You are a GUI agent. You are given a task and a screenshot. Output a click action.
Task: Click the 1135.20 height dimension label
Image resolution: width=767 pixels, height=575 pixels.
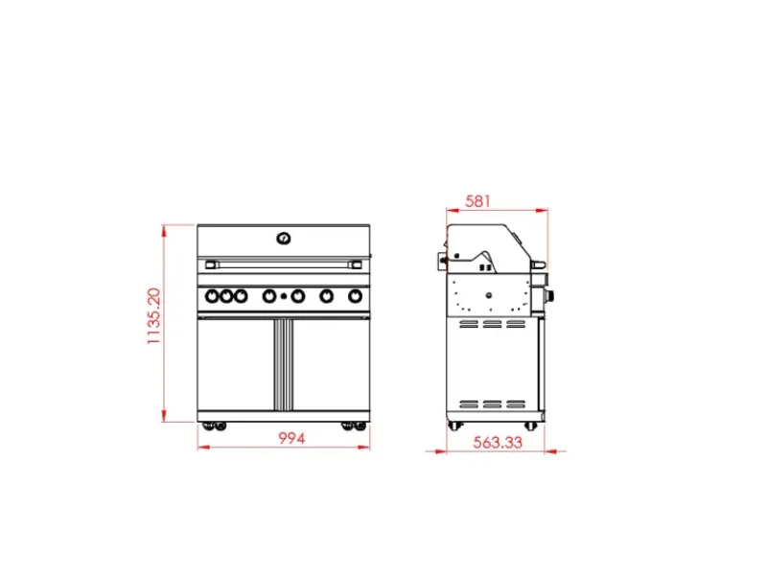(x=153, y=316)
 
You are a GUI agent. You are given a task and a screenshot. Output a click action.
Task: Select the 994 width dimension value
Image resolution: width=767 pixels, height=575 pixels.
(x=291, y=439)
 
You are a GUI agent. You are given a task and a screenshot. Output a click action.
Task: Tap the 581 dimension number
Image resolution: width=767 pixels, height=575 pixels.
(x=477, y=201)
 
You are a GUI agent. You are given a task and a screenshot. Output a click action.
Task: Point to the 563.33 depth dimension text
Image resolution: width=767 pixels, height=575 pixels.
(x=498, y=443)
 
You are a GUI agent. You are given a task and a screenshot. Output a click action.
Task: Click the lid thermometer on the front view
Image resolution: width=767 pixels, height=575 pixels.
(x=284, y=239)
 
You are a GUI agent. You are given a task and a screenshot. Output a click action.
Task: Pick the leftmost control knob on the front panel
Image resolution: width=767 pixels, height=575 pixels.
(x=212, y=296)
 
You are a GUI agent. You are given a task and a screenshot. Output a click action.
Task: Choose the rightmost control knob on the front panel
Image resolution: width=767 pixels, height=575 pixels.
(x=355, y=296)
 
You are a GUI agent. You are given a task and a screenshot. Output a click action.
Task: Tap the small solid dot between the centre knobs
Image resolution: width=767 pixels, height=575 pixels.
(x=283, y=296)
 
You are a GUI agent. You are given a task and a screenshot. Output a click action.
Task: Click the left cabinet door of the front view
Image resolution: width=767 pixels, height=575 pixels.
(x=236, y=364)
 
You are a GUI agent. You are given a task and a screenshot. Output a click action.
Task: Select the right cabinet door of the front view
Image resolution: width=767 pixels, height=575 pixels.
(x=331, y=364)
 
